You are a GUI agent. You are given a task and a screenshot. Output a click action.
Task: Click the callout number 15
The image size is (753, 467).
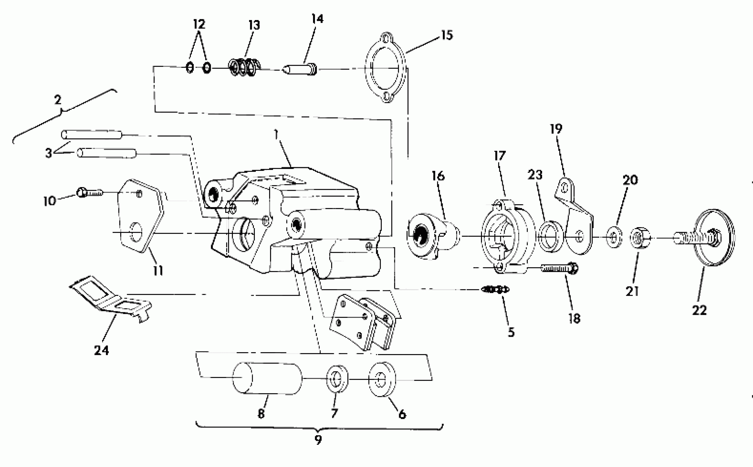(447, 35)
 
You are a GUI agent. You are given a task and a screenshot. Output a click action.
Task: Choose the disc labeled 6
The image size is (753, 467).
(382, 379)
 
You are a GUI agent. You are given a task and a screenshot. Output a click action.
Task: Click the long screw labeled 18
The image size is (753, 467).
(559, 268)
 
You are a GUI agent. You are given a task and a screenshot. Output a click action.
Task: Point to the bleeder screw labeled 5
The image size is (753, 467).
(495, 290)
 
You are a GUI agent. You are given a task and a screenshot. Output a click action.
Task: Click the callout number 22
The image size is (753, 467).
(699, 310)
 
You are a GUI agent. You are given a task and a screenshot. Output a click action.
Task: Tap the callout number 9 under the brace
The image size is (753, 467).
(318, 440)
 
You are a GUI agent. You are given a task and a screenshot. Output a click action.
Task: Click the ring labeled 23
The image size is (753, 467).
(551, 237)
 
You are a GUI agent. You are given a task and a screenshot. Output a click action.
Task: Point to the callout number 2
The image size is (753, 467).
(58, 100)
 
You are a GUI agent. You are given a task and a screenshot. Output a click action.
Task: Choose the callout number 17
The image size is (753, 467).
(500, 156)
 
